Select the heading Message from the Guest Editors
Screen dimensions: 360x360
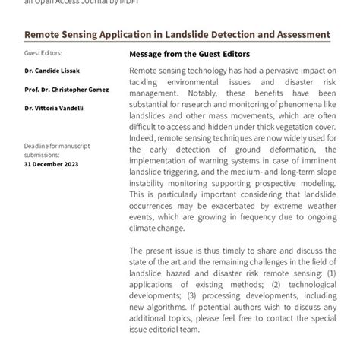[x=189, y=54]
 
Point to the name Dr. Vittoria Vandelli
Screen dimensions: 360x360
[x=54, y=108]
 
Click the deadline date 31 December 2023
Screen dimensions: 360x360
[x=52, y=163]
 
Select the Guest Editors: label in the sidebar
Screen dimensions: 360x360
[x=43, y=53]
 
